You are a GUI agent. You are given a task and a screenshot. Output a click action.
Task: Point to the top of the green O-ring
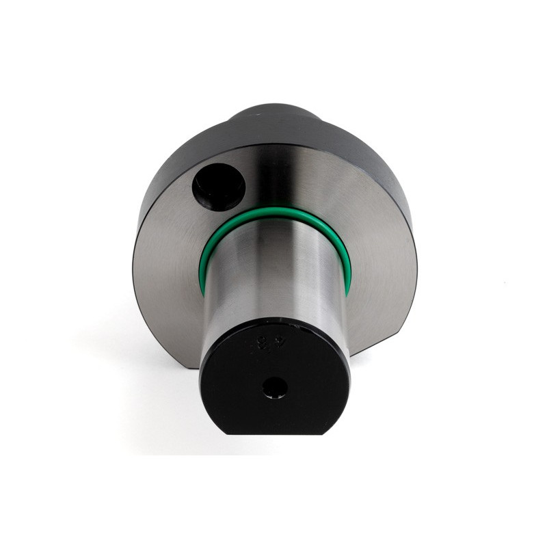click(277, 214)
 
